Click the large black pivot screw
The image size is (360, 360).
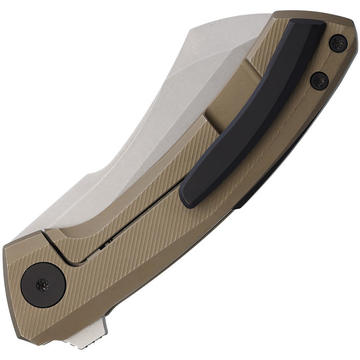[43, 285]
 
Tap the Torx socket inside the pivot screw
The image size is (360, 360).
[43, 284]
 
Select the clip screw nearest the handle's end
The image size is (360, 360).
[338, 44]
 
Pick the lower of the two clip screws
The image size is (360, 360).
[319, 81]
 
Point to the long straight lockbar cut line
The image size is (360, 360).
[135, 225]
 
